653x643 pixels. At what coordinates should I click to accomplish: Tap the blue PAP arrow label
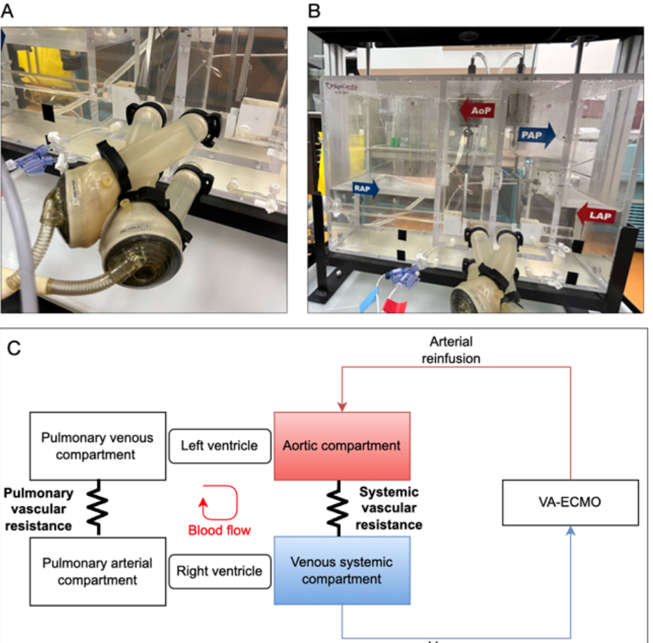point(536,134)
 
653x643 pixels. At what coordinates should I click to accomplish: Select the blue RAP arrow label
point(365,187)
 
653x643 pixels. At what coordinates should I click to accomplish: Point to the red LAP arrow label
point(596,213)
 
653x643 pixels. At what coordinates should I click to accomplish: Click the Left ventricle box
point(220,446)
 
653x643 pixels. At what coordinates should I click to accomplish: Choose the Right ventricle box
point(220,570)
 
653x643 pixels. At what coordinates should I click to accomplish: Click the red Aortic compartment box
point(342,446)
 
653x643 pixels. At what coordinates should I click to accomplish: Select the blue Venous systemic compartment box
point(342,570)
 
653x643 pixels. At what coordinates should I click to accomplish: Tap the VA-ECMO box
point(570,502)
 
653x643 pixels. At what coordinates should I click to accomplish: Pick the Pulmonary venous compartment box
point(97,446)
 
